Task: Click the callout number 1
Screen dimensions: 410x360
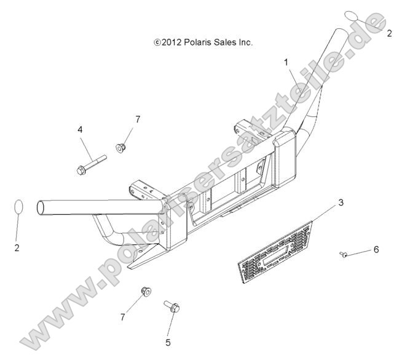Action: (x=286, y=63)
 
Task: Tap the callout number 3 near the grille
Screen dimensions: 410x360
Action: (x=341, y=202)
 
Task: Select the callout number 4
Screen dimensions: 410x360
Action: (x=80, y=129)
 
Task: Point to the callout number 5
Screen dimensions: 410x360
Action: (x=168, y=342)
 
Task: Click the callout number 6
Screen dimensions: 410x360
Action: (x=376, y=249)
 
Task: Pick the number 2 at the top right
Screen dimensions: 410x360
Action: (x=389, y=33)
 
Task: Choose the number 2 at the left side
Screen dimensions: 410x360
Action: (x=17, y=247)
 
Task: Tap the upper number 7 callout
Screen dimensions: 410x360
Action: (x=138, y=119)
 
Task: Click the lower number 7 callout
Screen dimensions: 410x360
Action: (x=123, y=318)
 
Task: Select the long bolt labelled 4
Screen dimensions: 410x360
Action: (x=92, y=165)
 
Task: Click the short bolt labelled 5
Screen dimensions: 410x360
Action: (x=171, y=306)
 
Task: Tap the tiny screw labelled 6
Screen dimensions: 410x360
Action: (x=344, y=254)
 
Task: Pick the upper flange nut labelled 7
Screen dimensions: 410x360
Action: (x=120, y=148)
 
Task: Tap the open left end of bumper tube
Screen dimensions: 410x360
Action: (x=41, y=208)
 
